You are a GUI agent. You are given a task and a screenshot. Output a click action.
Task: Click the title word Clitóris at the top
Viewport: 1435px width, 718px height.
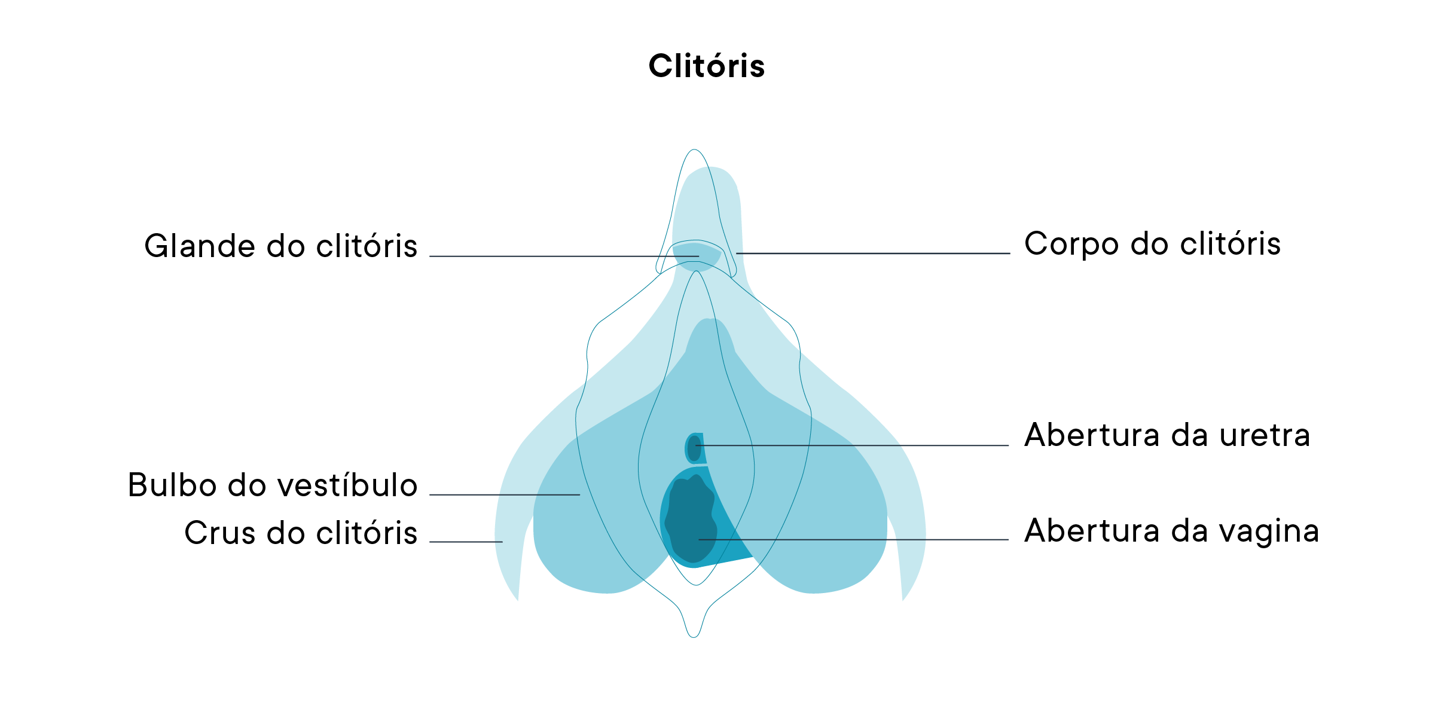[706, 66]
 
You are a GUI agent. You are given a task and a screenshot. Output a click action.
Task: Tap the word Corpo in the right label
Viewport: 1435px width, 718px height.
[1071, 245]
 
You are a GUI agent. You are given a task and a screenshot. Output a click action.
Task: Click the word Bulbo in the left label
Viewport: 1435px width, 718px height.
[172, 485]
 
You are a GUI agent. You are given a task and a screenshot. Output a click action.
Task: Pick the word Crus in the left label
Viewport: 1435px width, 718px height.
[219, 533]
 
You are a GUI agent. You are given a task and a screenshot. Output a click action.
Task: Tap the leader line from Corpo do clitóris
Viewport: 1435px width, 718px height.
[873, 253]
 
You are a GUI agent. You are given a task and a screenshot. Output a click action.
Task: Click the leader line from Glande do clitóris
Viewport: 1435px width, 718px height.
[562, 256]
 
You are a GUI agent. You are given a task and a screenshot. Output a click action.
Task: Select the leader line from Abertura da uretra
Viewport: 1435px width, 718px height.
[855, 445]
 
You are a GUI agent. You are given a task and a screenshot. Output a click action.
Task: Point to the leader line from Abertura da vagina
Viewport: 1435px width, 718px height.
[855, 540]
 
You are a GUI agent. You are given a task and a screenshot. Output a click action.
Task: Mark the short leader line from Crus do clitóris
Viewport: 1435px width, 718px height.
[466, 542]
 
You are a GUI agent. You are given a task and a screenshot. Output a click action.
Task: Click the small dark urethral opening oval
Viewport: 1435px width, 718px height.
[693, 448]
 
